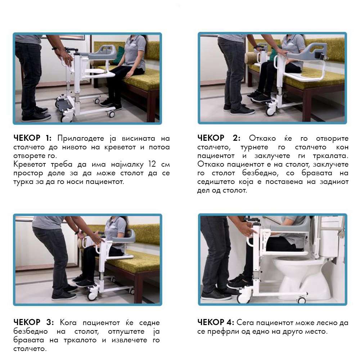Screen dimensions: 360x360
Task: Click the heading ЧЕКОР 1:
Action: pyautogui.click(x=33, y=138)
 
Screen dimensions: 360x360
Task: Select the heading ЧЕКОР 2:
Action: pyautogui.click(x=219, y=138)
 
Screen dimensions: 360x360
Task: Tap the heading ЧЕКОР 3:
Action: pyautogui.click(x=33, y=322)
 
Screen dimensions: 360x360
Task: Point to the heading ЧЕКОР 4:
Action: pyautogui.click(x=216, y=322)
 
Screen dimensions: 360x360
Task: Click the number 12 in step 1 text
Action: pyautogui.click(x=152, y=164)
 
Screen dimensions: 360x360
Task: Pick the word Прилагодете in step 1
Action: pyautogui.click(x=81, y=139)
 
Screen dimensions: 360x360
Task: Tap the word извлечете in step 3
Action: pyautogui.click(x=129, y=340)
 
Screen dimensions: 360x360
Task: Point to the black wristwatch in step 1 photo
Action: pyautogui.click(x=55, y=49)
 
